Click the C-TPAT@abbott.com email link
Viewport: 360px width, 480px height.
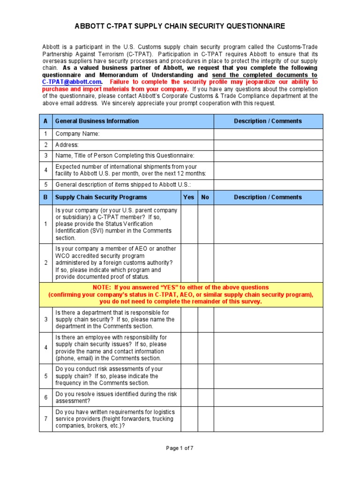pos(72,82)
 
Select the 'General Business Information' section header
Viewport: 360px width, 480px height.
pos(97,121)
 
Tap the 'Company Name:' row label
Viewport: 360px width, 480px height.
pos(78,134)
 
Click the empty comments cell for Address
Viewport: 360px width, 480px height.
pos(268,145)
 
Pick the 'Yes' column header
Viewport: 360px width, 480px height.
pos(189,197)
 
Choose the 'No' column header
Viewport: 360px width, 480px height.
pos(205,197)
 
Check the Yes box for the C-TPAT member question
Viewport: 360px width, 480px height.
pos(189,224)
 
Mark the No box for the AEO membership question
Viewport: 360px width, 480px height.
pos(205,263)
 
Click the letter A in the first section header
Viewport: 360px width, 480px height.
pos(45,121)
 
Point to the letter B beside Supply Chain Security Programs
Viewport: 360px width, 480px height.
pos(45,197)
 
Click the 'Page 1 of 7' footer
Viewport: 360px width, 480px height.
pos(180,448)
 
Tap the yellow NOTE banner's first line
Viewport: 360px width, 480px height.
pos(180,287)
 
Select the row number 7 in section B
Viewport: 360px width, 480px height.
pos(45,419)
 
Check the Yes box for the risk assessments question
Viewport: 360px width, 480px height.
pos(189,376)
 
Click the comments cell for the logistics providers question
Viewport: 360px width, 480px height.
pos(268,419)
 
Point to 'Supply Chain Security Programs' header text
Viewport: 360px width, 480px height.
pos(101,197)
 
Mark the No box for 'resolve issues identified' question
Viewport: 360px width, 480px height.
pos(205,397)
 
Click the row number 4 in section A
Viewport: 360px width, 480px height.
pos(45,170)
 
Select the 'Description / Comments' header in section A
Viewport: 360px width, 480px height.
pos(268,121)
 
